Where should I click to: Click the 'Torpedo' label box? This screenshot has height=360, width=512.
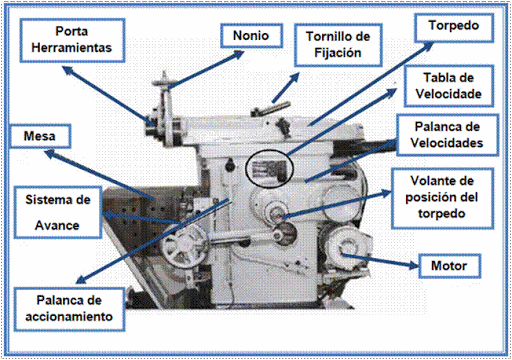click(x=448, y=24)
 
